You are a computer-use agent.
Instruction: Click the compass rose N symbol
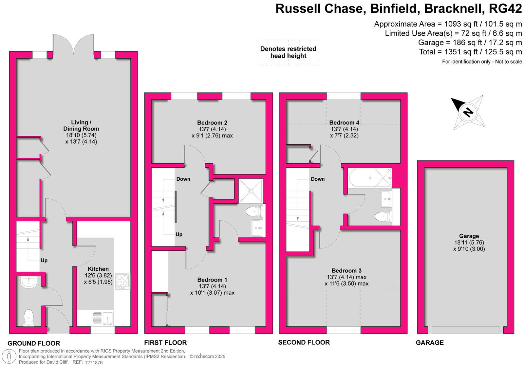point(468,112)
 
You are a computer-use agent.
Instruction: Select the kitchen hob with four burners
point(122,282)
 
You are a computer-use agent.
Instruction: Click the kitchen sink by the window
point(103,318)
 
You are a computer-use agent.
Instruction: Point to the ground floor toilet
point(29,318)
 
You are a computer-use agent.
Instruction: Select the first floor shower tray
point(251,191)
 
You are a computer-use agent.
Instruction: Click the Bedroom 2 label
point(212,123)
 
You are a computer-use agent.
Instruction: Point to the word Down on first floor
point(183,179)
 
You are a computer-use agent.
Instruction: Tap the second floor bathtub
point(370,178)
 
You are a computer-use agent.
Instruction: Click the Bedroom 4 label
point(344,123)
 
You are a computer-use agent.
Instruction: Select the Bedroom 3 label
point(346,271)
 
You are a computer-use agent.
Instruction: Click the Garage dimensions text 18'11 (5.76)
point(469,243)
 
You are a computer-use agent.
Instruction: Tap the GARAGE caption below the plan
point(430,343)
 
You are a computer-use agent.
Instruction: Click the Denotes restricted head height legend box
point(288,52)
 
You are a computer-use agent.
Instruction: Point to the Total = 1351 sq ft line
point(470,52)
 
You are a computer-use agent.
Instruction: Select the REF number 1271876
point(94,362)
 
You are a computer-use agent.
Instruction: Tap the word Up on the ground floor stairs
point(44,261)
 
